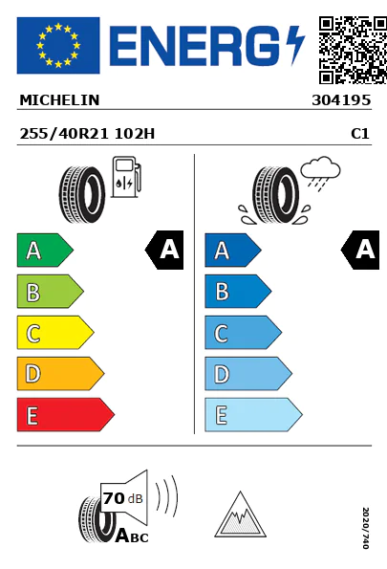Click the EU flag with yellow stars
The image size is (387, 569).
point(58,45)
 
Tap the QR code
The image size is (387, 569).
point(353,50)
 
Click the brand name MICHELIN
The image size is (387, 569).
point(59,100)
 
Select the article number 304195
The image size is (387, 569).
point(341,100)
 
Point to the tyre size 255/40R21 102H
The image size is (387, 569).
point(87,134)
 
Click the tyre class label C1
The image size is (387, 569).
point(360,134)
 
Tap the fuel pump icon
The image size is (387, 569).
point(126,177)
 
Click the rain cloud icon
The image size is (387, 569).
point(321,173)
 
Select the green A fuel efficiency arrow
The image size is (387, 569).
point(45,250)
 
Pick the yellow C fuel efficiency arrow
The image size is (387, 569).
point(55,333)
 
